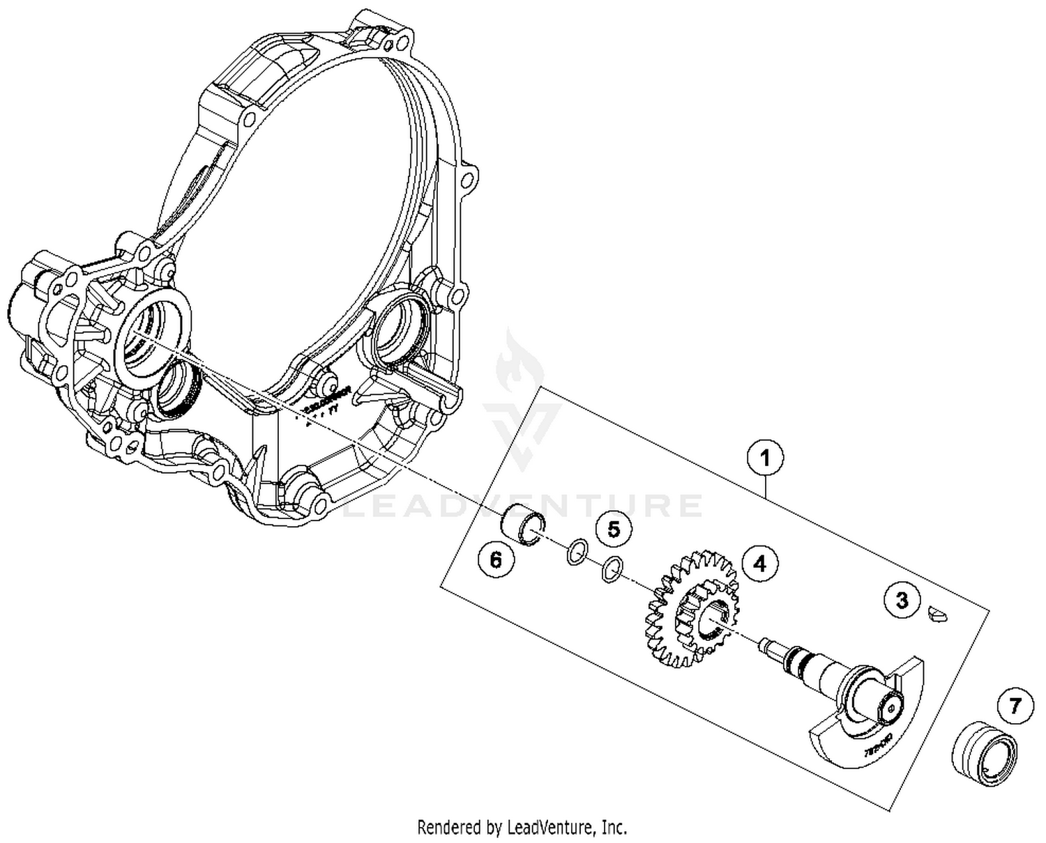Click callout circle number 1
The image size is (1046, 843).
(x=765, y=458)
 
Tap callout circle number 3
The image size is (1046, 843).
(x=902, y=599)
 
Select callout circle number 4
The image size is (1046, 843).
(x=760, y=562)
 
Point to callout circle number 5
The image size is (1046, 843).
(x=613, y=529)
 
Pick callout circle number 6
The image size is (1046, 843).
(x=496, y=559)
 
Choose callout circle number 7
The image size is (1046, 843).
(x=1015, y=706)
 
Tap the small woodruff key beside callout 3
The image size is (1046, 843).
(x=937, y=614)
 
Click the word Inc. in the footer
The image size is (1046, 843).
(x=615, y=828)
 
